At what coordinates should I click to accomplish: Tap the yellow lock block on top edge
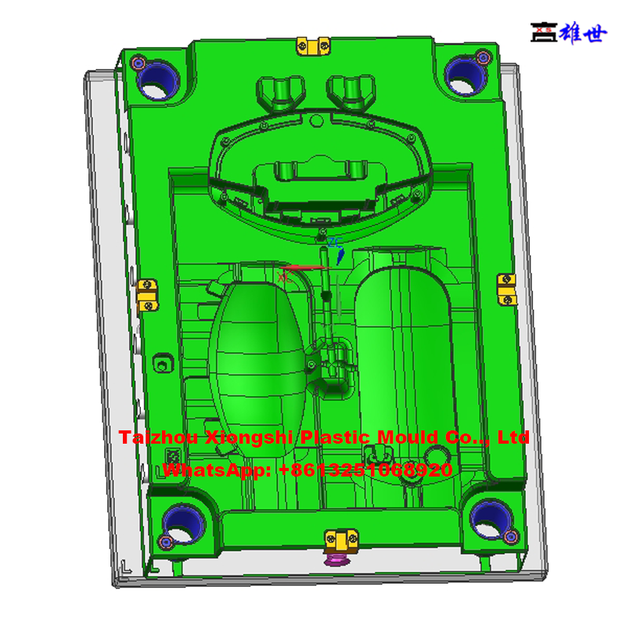click(311, 46)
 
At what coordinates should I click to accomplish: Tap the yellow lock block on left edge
click(146, 293)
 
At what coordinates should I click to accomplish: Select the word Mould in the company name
click(407, 437)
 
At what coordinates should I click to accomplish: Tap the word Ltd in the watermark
click(514, 437)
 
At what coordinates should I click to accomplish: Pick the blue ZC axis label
click(335, 243)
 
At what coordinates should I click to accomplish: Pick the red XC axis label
click(284, 275)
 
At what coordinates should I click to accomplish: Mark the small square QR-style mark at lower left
click(171, 456)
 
